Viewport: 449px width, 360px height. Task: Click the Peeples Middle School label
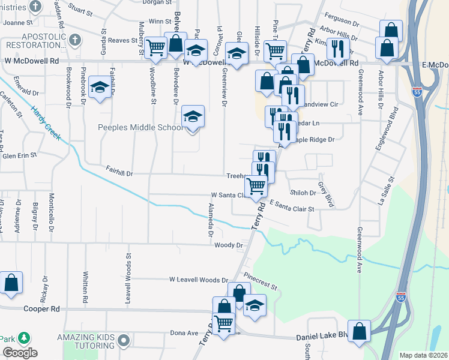tap(140, 128)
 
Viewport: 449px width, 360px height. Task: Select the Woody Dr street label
tap(228, 245)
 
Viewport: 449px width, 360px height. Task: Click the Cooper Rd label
tap(42, 309)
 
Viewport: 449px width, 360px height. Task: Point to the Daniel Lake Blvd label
tap(322, 337)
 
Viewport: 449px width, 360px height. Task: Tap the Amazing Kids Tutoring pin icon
tap(124, 341)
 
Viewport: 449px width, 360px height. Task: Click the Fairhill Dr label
tap(119, 172)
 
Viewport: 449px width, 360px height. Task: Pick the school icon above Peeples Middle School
tap(193, 116)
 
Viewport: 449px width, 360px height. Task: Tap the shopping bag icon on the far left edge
tap(11, 283)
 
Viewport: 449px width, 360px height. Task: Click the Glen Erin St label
tap(19, 154)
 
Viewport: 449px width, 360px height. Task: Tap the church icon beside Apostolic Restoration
tap(74, 40)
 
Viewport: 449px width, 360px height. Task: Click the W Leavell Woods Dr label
tap(199, 280)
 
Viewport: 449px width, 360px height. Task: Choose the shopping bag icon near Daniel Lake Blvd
tap(359, 332)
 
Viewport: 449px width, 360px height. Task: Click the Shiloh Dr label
tap(303, 193)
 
